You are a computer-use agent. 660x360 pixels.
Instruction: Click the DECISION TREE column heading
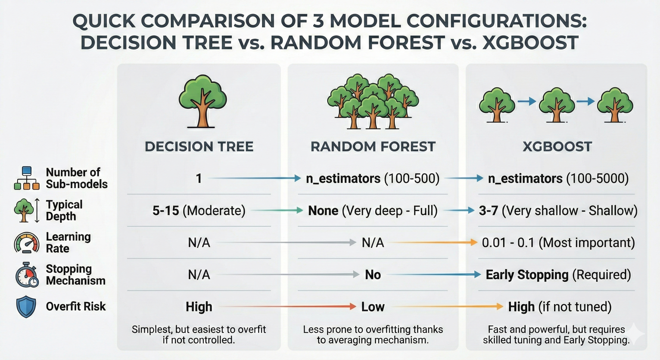click(x=199, y=146)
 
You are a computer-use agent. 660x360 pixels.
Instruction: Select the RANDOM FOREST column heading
click(x=373, y=146)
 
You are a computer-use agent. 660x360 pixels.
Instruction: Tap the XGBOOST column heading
click(x=557, y=146)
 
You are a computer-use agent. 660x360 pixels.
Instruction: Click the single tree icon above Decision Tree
click(x=202, y=101)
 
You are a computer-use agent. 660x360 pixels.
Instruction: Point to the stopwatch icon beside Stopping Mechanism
click(x=27, y=275)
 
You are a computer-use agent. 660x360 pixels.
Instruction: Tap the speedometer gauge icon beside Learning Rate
click(x=26, y=243)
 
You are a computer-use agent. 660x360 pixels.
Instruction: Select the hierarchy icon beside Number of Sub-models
click(x=27, y=178)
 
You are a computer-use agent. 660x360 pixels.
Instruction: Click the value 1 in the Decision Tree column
click(x=199, y=178)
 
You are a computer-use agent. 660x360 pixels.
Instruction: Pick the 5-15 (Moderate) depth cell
click(x=199, y=211)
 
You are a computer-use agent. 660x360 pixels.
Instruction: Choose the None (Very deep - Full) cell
click(x=373, y=211)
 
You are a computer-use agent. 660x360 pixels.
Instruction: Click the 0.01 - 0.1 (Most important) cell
click(x=558, y=243)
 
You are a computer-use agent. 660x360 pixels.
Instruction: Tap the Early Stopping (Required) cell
click(x=558, y=275)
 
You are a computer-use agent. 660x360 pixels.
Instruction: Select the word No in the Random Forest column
click(x=373, y=275)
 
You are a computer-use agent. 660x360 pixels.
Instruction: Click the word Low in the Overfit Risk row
click(x=373, y=307)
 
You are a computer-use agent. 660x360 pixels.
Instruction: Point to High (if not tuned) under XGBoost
click(x=560, y=307)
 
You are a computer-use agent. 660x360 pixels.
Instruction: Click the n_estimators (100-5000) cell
click(x=558, y=178)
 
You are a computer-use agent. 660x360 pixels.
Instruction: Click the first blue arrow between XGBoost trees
click(x=527, y=101)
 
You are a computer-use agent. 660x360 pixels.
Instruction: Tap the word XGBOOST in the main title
click(x=530, y=42)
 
